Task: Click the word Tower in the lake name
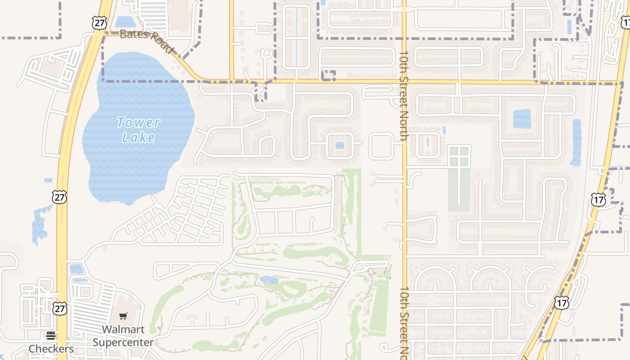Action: click(x=138, y=122)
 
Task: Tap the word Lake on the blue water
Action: click(x=138, y=138)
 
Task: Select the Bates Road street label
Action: click(x=147, y=40)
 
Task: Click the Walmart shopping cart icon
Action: click(x=123, y=316)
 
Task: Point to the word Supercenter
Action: click(x=123, y=342)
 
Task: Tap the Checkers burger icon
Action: click(x=50, y=336)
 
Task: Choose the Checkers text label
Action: click(x=51, y=349)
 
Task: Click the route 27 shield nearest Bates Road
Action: click(x=99, y=23)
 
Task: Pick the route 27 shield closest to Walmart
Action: click(x=60, y=308)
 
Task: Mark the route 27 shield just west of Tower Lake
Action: click(x=59, y=197)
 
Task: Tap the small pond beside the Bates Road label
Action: click(x=124, y=22)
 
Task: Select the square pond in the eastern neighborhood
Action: click(x=522, y=119)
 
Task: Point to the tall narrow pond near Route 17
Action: click(x=576, y=142)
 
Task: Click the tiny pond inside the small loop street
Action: click(x=340, y=145)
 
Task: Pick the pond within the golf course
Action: click(x=269, y=280)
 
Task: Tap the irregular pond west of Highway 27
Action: click(x=40, y=224)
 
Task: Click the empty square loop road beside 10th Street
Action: click(x=381, y=145)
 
